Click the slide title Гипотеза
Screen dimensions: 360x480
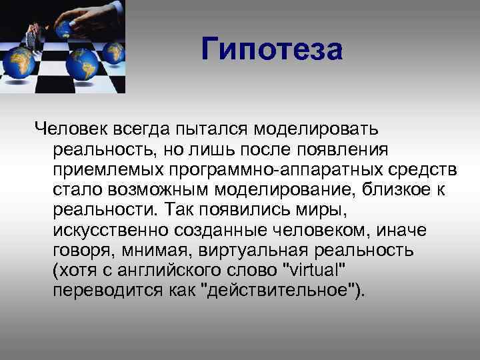click(272, 49)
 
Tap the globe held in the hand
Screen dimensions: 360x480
click(65, 29)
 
